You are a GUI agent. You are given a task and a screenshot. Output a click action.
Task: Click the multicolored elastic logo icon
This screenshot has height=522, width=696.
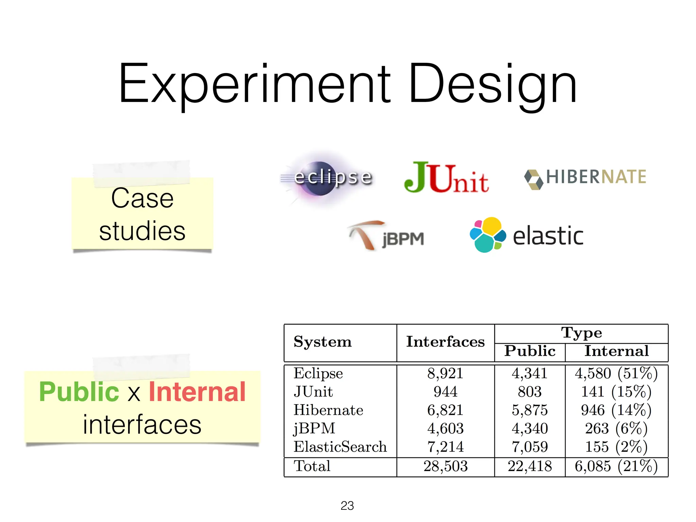487,234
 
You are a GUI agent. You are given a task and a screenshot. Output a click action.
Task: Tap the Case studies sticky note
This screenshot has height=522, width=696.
142,214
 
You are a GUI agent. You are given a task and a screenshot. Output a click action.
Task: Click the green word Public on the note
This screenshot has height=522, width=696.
79,392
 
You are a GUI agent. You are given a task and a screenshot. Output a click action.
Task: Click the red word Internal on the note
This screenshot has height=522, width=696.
197,392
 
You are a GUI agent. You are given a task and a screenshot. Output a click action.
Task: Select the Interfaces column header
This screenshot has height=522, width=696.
446,342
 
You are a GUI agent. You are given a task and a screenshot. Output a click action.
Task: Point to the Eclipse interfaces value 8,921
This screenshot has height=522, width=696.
445,373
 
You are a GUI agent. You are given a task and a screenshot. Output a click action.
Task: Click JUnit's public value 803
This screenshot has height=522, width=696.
529,392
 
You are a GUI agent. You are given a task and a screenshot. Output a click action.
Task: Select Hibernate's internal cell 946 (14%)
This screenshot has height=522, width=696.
616,410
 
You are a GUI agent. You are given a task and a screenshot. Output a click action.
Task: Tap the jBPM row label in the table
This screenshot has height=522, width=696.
314,428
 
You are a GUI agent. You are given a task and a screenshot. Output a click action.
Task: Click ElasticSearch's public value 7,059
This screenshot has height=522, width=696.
529,447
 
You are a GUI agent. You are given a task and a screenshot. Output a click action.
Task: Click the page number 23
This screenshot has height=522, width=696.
347,506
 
